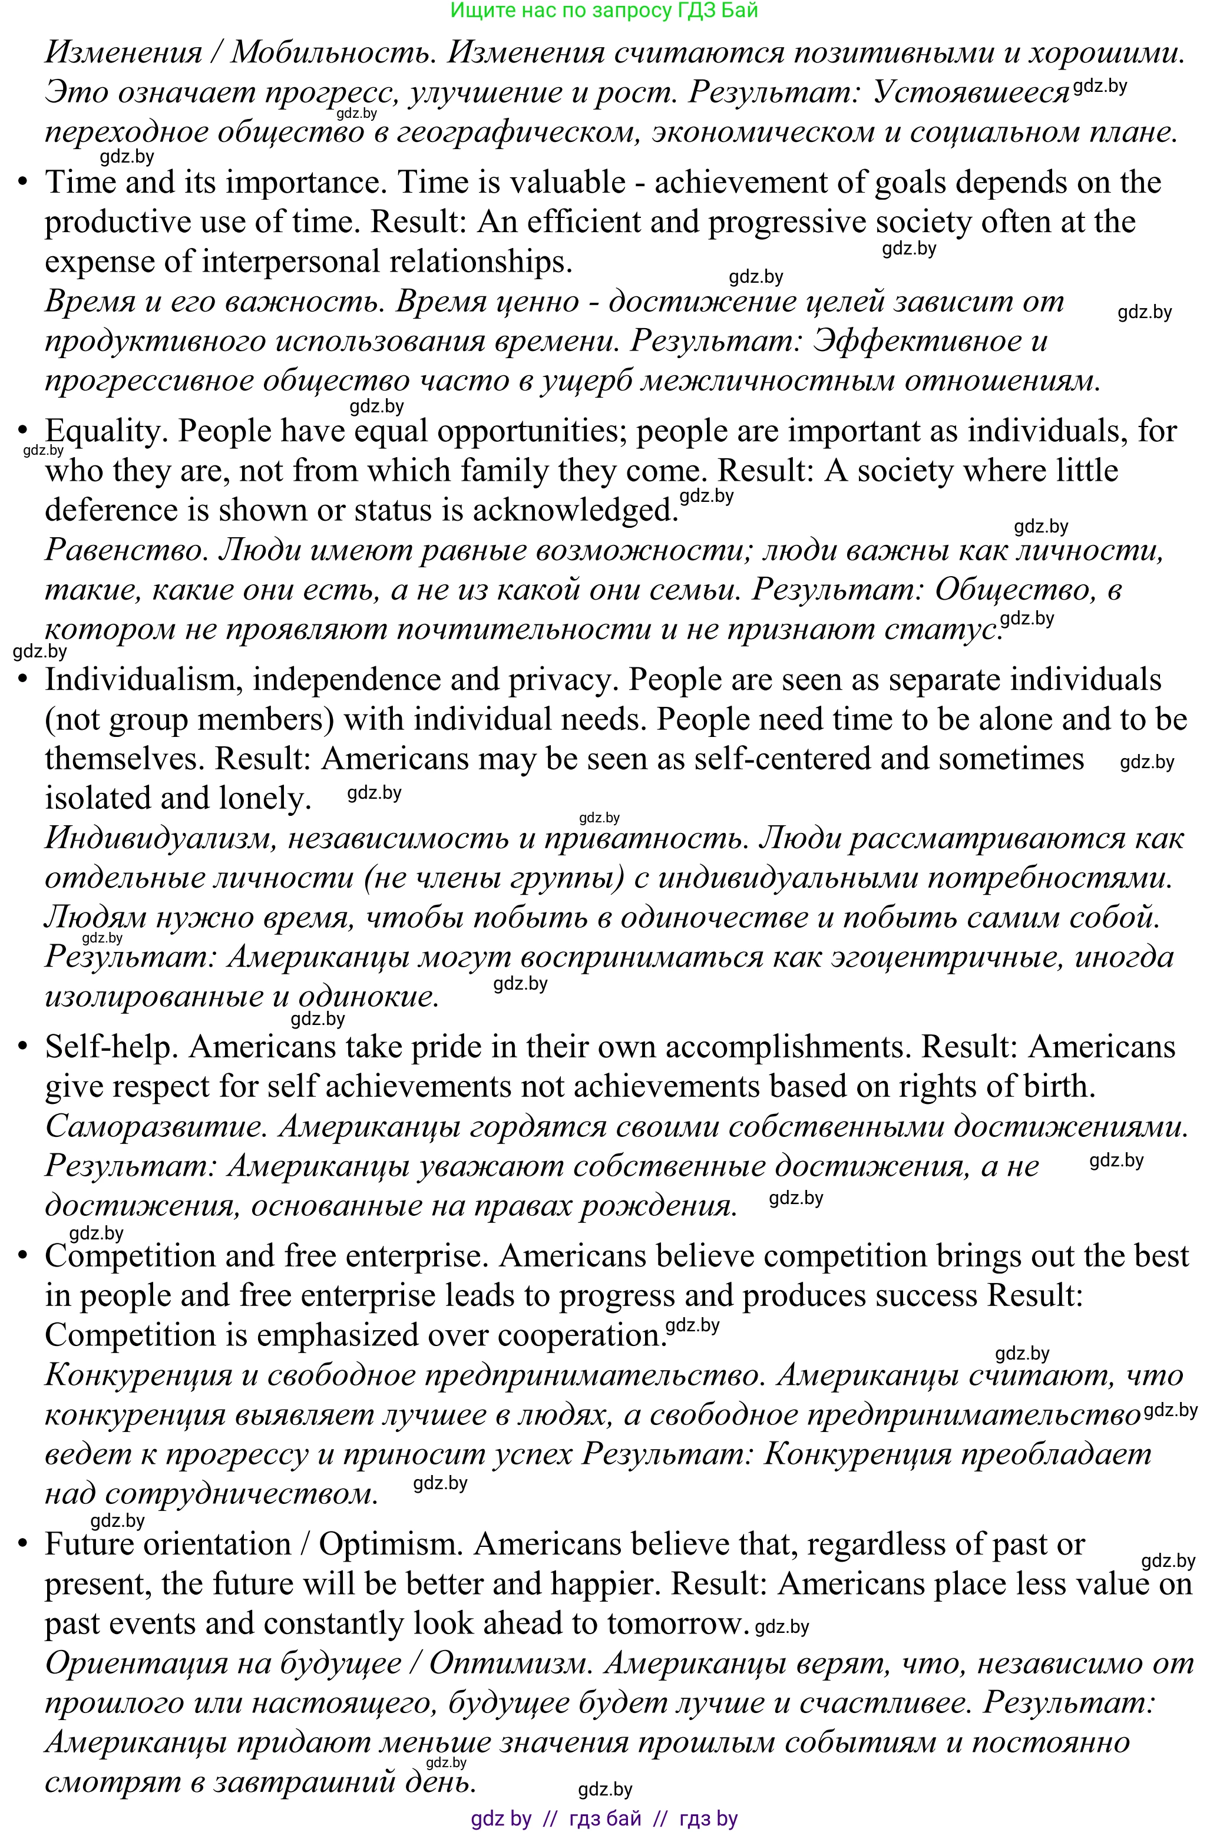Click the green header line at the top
pyautogui.click(x=604, y=10)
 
